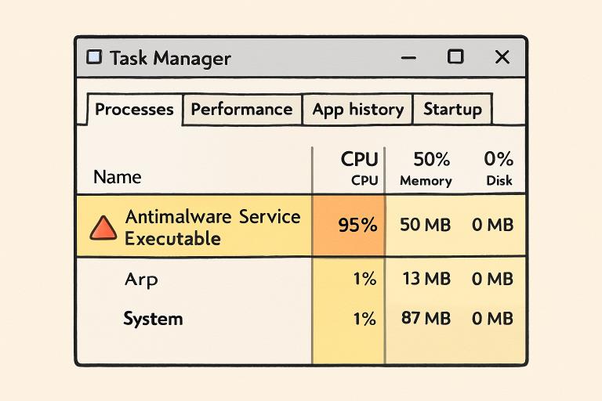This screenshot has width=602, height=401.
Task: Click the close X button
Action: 502,57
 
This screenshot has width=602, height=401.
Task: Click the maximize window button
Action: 455,57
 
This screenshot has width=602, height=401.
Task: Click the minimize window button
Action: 408,57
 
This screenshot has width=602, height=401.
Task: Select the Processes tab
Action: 134,110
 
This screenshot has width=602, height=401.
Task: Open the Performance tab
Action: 241,110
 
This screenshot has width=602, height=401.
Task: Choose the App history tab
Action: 357,110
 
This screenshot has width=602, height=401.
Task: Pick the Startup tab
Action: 452,110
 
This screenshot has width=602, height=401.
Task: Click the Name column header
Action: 117,177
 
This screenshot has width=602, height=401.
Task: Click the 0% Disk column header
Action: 499,169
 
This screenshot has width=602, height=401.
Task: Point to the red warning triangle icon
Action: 103,227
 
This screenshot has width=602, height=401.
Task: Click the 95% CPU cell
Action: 357,226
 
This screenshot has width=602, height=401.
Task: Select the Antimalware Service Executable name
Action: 212,227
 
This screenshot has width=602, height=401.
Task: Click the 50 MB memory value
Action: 425,226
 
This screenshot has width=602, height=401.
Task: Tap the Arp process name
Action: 141,279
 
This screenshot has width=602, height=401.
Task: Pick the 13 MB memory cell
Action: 425,279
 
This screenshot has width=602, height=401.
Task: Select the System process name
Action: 153,319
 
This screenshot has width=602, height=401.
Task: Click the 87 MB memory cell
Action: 425,319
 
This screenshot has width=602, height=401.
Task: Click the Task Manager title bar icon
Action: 94,58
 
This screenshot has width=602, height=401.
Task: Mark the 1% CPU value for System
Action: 364,319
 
